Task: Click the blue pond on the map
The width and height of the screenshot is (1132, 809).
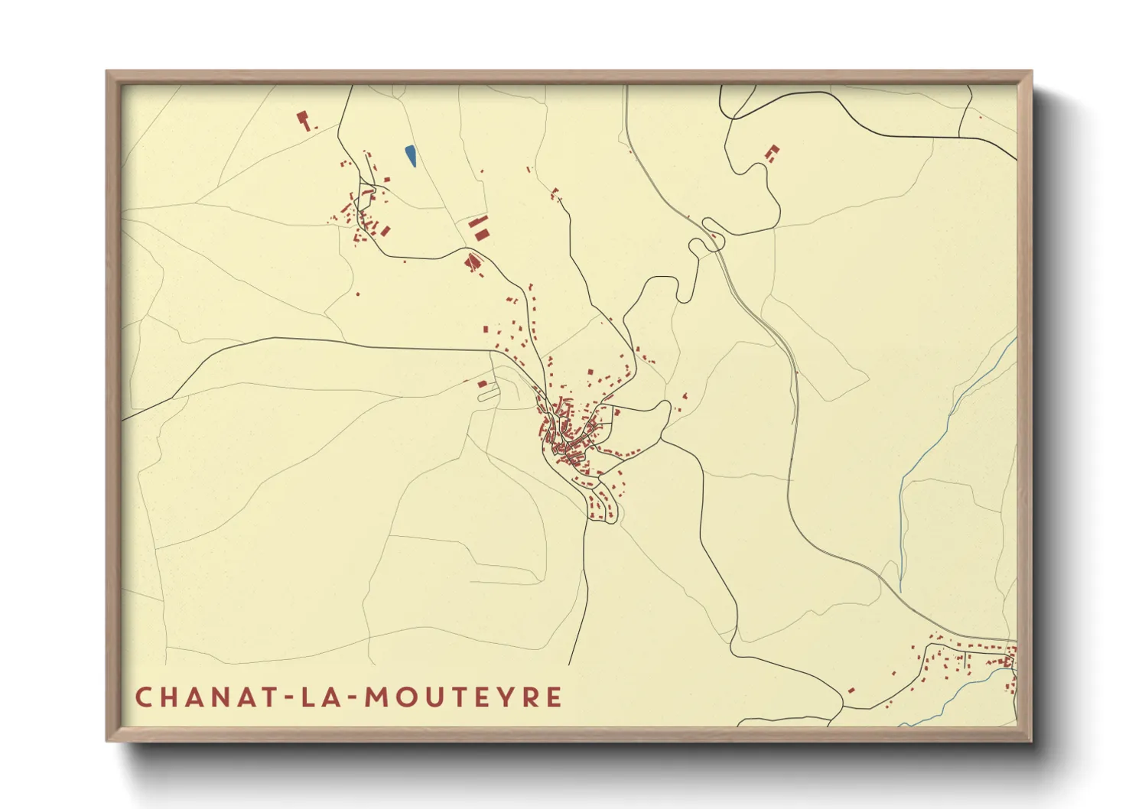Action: [411, 156]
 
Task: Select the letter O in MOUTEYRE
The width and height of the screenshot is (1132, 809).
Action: [407, 697]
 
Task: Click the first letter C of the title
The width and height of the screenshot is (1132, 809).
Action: [144, 697]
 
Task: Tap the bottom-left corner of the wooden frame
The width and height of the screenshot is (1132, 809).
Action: [108, 739]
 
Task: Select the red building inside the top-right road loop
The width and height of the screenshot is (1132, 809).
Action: [773, 153]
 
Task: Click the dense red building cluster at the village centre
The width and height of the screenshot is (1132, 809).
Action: [568, 436]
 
